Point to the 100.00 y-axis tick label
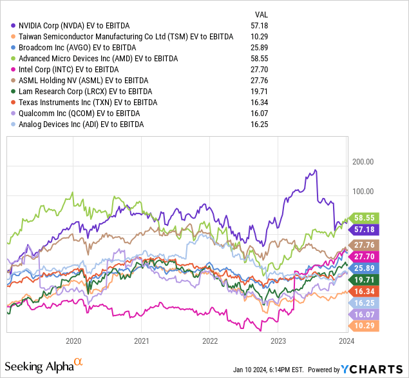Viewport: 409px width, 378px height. point(363,191)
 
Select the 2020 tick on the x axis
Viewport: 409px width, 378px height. point(73,341)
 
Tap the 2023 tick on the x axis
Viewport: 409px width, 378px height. point(278,341)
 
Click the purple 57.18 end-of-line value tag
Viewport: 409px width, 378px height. point(364,229)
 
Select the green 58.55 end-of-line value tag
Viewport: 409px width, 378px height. point(364,218)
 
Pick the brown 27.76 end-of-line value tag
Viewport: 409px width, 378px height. point(364,244)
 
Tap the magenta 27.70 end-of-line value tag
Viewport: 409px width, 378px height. point(364,256)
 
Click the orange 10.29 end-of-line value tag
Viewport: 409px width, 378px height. point(364,325)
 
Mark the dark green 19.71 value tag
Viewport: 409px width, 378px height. point(364,279)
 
